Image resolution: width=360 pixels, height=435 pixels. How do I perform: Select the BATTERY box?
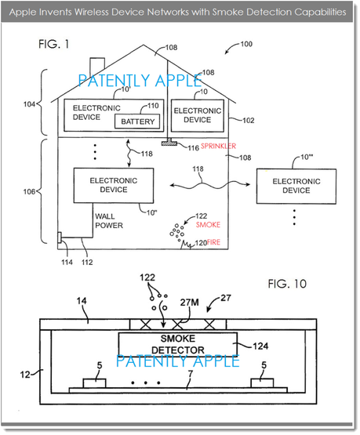point(137,121)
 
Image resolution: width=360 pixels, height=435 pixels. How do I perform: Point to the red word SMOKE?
point(208,224)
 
